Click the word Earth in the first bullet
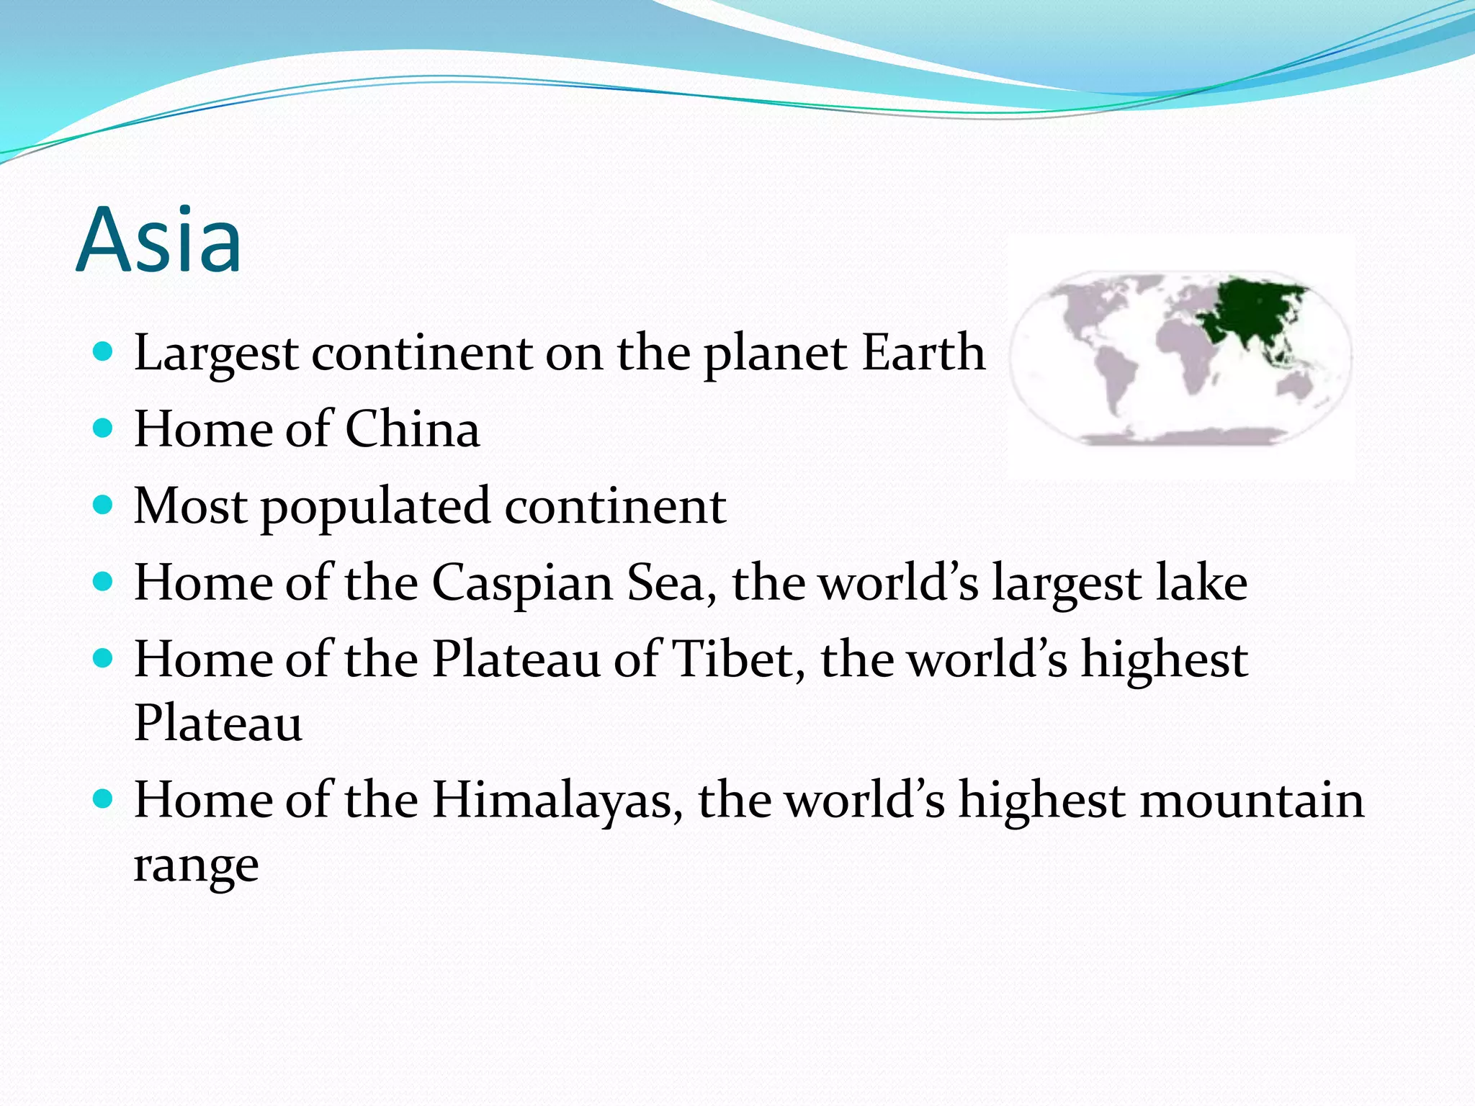tap(923, 353)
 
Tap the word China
tap(412, 429)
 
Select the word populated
tap(375, 508)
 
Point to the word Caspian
tap(522, 583)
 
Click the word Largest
tap(216, 354)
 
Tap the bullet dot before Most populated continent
tap(104, 505)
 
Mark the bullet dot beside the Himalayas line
tap(104, 799)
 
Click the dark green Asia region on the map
tap(1253, 310)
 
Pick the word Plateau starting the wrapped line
tap(218, 724)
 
